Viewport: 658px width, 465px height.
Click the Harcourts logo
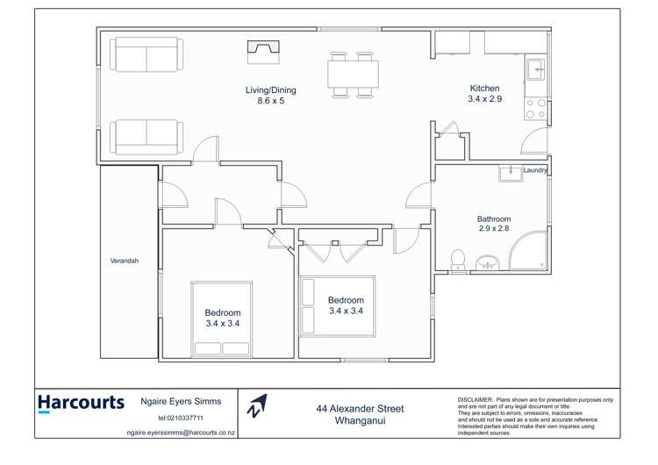pyautogui.click(x=81, y=404)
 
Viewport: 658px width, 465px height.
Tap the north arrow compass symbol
pyautogui.click(x=256, y=405)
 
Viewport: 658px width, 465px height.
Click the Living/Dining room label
pyautogui.click(x=270, y=95)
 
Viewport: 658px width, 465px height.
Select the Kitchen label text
pyautogui.click(x=484, y=89)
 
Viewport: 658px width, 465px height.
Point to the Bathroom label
pyautogui.click(x=494, y=219)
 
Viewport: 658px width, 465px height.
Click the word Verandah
pyautogui.click(x=124, y=261)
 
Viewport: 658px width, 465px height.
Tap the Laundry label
pyautogui.click(x=534, y=171)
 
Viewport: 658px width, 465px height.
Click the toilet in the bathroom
pyautogui.click(x=457, y=260)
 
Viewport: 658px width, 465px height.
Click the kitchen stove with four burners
pyautogui.click(x=534, y=108)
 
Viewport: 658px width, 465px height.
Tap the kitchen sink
pyautogui.click(x=534, y=68)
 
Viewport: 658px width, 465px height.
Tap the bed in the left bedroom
pyautogui.click(x=222, y=318)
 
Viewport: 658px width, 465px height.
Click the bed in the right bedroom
pyautogui.click(x=337, y=305)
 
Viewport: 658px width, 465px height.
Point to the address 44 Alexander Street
pyautogui.click(x=360, y=409)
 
